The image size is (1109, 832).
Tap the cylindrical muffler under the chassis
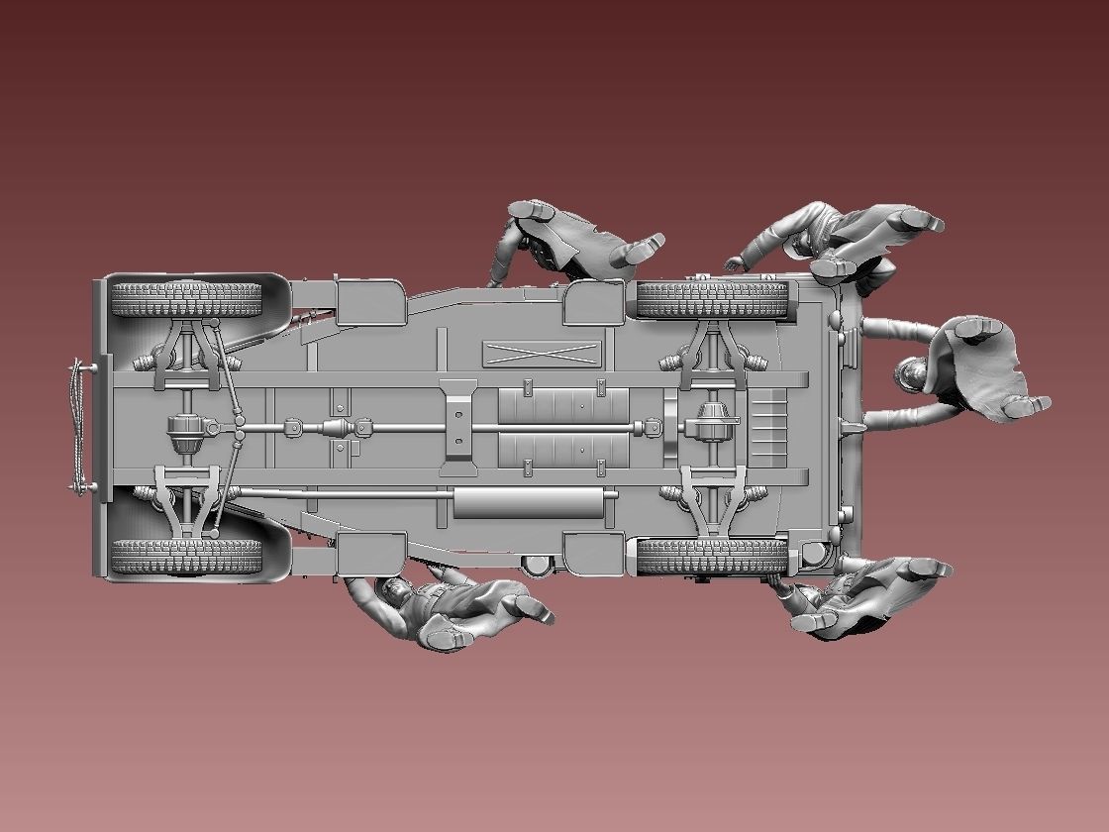(529, 502)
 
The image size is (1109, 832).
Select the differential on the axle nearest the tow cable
(186, 429)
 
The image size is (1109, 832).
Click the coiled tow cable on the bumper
(75, 428)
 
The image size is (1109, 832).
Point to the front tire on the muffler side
(186, 557)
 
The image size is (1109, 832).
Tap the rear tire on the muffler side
(711, 557)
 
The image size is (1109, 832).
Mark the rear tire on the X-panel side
(711, 298)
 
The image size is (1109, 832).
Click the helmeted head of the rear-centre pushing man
(912, 375)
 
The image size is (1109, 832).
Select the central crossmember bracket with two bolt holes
(457, 427)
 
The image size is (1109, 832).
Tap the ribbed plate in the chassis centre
(562, 427)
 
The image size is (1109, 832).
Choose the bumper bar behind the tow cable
(98, 428)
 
